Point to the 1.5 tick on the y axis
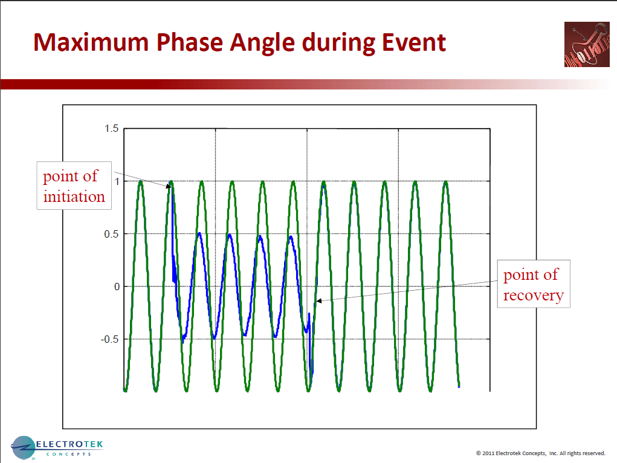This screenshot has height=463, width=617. pos(111,128)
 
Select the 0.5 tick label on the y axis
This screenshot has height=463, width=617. pos(111,234)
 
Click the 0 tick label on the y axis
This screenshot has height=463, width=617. pos(117,287)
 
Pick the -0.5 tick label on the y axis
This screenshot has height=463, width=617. pos(109,339)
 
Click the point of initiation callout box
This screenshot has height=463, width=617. pos(74,186)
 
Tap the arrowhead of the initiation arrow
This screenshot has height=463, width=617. pos(169,186)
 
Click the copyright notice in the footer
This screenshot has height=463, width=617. pos(540,453)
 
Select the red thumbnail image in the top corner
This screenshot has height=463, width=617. pos(586,45)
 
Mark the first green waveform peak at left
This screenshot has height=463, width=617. pos(141,181)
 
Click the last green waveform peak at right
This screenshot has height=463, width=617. pos(445,181)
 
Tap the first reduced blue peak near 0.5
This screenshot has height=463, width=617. pos(199,233)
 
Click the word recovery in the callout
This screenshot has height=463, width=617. pos(533,296)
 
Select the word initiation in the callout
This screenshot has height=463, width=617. pos(74,196)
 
